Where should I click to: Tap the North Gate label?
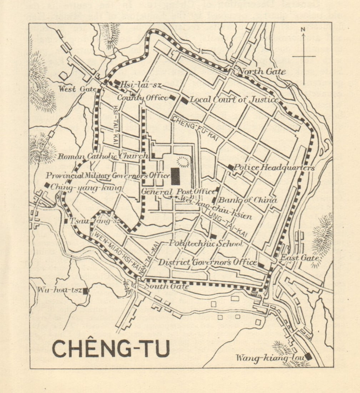pos(262,71)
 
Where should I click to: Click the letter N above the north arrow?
pos(303,30)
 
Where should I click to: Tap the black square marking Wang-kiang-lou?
pos(308,356)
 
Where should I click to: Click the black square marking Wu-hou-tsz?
pos(85,290)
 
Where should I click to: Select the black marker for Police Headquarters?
pos(231,167)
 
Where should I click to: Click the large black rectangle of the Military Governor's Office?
pos(175,176)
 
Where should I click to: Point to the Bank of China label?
pos(247,200)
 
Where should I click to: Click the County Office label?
pos(142,98)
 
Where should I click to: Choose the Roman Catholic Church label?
pos(102,156)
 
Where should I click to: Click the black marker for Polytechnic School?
pos(213,236)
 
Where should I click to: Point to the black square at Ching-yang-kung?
pos(46,185)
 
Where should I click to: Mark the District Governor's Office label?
pos(207,262)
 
